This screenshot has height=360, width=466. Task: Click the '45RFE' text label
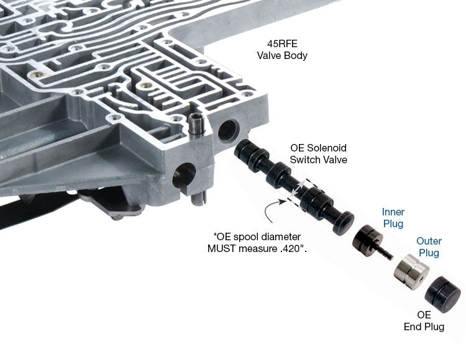click(282, 44)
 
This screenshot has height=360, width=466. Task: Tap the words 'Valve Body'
click(282, 55)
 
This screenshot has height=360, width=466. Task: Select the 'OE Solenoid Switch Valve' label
click(318, 154)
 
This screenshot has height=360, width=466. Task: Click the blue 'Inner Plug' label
click(393, 217)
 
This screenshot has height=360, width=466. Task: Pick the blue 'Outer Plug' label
click(429, 246)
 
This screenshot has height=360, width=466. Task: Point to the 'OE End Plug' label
click(424, 320)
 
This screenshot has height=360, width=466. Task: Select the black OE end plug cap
click(443, 294)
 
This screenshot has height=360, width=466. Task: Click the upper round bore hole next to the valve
click(228, 130)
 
